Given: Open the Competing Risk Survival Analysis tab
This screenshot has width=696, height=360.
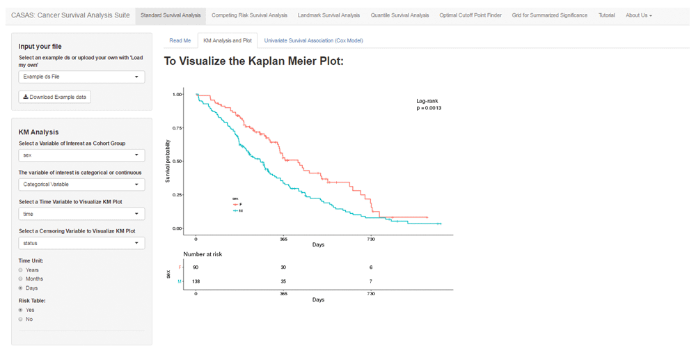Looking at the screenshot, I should (x=249, y=15).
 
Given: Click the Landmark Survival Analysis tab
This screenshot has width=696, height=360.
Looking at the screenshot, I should (x=329, y=15).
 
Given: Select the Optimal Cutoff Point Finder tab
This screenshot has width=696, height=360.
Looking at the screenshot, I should (x=470, y=15).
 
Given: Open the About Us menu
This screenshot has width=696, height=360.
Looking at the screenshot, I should (x=638, y=15).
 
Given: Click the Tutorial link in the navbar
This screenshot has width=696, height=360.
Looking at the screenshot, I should (x=606, y=15).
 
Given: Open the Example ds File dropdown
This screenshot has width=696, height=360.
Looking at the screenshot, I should (x=81, y=77).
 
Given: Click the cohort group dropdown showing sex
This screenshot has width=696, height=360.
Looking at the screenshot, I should (x=81, y=155).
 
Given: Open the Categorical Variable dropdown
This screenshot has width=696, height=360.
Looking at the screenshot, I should (x=81, y=185).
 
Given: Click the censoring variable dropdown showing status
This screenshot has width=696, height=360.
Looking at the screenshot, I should (x=81, y=243).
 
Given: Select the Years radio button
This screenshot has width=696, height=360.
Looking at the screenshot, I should (x=21, y=269).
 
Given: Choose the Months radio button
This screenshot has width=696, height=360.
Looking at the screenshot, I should (x=21, y=279).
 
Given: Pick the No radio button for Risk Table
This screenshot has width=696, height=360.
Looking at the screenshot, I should (x=21, y=319).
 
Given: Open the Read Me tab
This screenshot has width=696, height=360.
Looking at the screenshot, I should (x=180, y=40).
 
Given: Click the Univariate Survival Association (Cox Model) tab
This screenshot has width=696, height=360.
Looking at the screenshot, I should (x=313, y=40).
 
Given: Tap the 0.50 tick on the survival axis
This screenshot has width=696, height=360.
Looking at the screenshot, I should (x=177, y=161).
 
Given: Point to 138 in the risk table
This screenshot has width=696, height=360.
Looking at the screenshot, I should (x=196, y=281).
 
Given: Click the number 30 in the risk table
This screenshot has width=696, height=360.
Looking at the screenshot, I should (x=283, y=267).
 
